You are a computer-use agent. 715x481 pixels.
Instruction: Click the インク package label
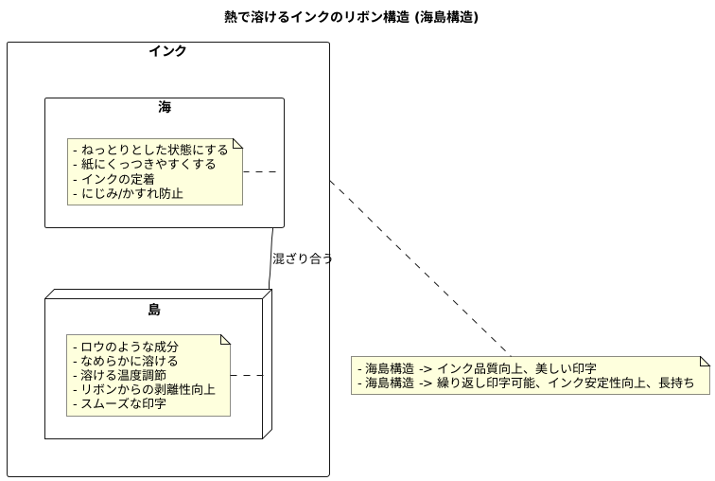(167, 51)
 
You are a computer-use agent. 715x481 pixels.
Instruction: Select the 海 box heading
(165, 107)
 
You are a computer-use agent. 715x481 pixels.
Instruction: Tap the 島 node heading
(154, 309)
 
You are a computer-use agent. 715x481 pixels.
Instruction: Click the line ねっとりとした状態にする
(149, 150)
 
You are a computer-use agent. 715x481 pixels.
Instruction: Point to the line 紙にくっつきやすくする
(144, 164)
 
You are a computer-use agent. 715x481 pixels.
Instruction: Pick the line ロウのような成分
(125, 347)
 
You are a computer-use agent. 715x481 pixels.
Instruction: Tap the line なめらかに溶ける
(125, 361)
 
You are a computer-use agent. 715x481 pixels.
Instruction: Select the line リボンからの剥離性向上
(144, 390)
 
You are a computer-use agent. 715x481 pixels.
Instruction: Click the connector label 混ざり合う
(303, 258)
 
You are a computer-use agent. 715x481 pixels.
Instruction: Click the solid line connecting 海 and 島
(271, 258)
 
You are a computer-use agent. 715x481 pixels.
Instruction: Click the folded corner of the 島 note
(224, 340)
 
